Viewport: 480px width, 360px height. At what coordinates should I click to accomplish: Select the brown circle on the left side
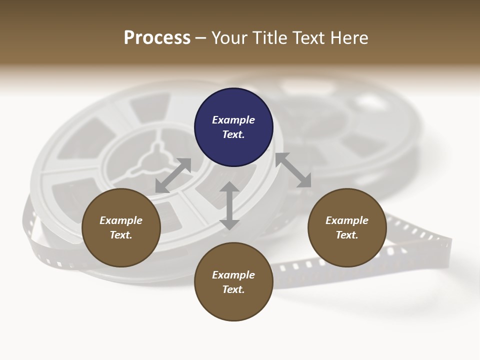(121, 227)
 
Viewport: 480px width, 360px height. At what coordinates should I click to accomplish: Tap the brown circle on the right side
(347, 227)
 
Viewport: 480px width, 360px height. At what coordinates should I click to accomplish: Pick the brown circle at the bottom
(233, 281)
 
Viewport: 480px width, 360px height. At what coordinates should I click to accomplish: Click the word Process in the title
(157, 38)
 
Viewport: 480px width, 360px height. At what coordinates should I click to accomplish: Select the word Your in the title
(229, 38)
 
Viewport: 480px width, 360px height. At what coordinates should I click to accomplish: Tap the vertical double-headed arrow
(229, 205)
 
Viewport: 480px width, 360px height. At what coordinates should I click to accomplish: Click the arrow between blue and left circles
(173, 175)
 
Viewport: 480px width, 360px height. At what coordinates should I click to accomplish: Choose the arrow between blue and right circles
(293, 170)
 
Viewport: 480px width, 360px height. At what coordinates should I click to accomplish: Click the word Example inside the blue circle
(233, 120)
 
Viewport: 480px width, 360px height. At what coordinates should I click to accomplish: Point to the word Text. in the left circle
(121, 235)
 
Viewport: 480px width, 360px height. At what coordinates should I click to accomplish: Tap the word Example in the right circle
(347, 220)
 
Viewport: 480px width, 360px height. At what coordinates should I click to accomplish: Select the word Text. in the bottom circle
(233, 289)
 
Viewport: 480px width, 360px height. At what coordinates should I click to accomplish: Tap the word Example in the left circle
(121, 220)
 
